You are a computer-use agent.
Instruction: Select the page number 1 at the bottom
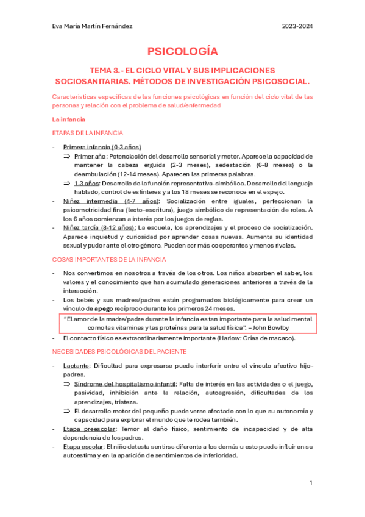point(311,483)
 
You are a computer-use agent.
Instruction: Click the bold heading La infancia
point(68,119)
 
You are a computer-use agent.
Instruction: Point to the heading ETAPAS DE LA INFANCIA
point(88,133)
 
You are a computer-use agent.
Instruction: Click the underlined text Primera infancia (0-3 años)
point(102,147)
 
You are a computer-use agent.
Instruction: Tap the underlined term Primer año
point(87,156)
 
